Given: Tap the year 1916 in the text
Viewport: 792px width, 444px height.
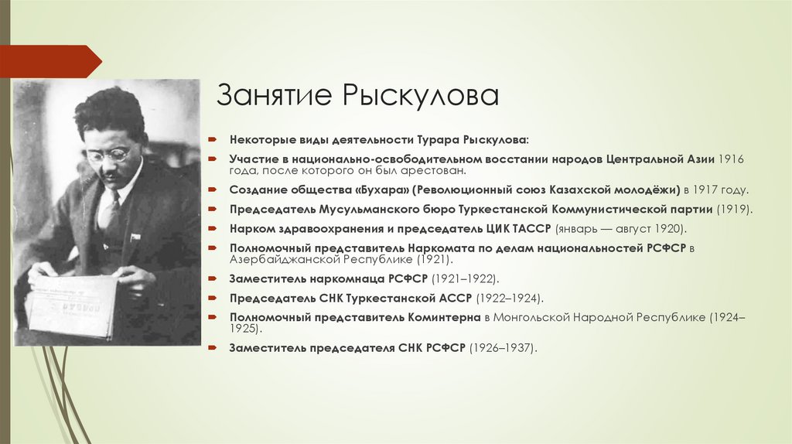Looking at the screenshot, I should point(731,158).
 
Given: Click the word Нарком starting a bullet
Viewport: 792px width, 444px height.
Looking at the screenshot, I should point(251,229).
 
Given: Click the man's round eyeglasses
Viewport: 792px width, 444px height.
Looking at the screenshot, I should point(108,155).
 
